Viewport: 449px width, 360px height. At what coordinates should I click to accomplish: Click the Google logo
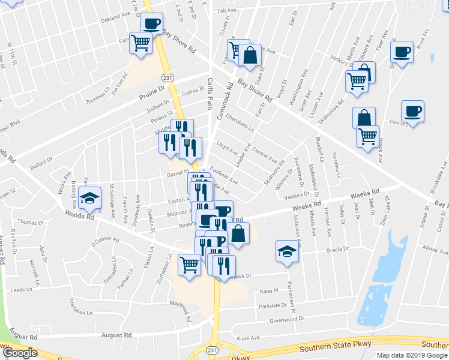(x=19, y=353)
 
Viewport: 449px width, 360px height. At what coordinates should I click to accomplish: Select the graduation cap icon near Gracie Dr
(x=288, y=251)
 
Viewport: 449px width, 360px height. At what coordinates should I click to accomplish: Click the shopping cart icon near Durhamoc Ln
(x=189, y=263)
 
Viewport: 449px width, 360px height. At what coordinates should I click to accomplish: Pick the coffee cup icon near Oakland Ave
(x=151, y=25)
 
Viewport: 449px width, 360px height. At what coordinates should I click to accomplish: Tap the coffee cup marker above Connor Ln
(x=412, y=112)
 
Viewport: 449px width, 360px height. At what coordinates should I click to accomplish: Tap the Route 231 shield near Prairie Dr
(x=168, y=77)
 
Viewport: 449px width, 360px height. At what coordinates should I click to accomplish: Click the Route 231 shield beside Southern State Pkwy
(x=211, y=350)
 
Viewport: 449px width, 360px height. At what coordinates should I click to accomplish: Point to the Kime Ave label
(x=249, y=339)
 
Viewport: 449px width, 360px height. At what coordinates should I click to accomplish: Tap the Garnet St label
(x=178, y=174)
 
